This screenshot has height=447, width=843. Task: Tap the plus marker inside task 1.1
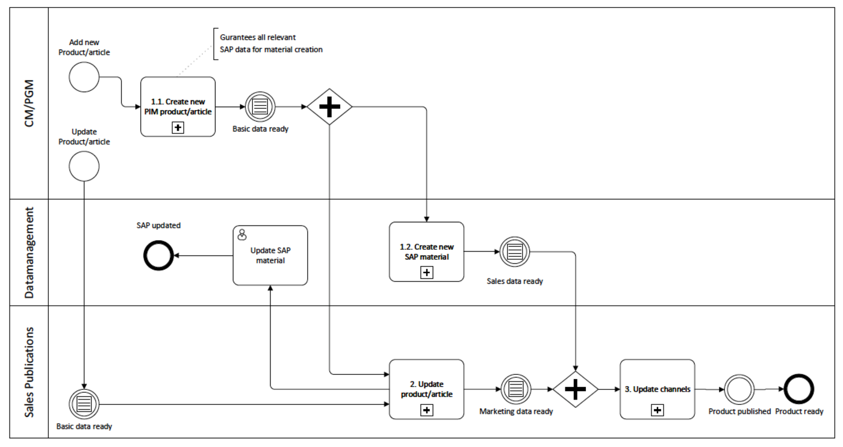click(x=178, y=128)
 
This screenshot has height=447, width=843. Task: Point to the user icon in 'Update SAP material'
click(x=242, y=235)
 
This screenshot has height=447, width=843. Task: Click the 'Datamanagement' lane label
click(x=29, y=253)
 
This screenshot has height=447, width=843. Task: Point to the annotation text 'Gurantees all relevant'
click(x=258, y=37)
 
